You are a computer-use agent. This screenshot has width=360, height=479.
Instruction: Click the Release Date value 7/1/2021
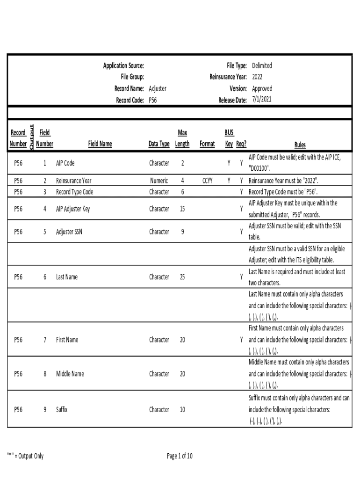261,100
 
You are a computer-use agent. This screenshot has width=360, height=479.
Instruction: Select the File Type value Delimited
262,65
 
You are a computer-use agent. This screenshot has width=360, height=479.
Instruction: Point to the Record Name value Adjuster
158,88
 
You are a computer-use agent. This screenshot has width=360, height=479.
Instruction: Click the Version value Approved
262,88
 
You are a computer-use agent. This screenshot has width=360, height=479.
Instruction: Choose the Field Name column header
100,144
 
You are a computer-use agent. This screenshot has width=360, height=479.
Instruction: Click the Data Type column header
159,144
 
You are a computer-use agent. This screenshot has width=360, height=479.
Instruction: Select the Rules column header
300,145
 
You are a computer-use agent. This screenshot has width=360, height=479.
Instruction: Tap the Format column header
207,144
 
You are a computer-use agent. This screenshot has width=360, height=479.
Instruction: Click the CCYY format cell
207,181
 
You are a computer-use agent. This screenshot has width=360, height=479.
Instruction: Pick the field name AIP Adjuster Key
73,209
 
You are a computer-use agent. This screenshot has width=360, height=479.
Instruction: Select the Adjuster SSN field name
69,232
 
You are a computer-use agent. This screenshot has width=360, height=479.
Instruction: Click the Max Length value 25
182,277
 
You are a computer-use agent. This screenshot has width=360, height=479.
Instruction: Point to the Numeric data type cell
159,181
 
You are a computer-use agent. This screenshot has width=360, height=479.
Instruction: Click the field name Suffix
62,409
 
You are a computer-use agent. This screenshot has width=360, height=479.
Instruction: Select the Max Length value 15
182,209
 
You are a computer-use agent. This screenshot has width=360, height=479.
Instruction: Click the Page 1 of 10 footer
180,456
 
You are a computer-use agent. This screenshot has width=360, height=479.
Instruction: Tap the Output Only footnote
25,456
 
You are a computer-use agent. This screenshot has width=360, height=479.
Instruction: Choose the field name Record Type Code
75,192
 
